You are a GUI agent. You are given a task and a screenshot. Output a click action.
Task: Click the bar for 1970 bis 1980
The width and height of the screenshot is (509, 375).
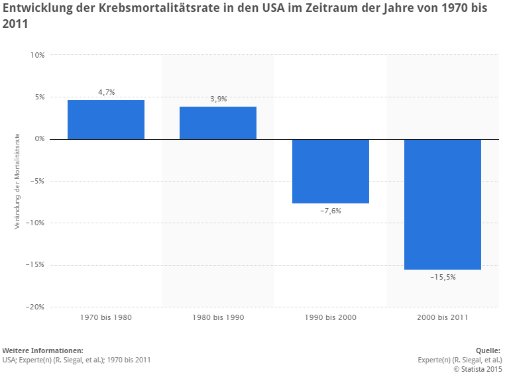coord(106,120)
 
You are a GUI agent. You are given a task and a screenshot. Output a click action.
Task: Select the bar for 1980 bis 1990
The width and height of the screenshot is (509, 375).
coord(218,123)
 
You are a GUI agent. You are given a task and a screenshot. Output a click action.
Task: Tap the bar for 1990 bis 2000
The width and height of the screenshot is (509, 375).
coord(330,171)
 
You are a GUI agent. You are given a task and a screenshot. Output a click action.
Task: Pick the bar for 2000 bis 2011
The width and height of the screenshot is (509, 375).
coord(443,204)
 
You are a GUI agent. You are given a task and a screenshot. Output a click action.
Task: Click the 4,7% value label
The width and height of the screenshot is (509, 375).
coord(106,92)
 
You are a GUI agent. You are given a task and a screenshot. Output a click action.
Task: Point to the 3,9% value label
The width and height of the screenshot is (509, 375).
coord(218,99)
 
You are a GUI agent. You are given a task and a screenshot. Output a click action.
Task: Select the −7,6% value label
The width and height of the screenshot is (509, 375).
coord(330,211)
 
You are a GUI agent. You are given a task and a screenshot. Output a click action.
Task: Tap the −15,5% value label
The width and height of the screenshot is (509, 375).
coord(443,277)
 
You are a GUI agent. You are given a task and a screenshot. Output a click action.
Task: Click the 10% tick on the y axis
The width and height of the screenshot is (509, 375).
coord(37,55)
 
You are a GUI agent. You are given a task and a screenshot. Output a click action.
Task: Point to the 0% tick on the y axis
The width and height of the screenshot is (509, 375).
coord(39,139)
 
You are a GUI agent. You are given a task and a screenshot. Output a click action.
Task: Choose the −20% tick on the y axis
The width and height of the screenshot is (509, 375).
coord(35,307)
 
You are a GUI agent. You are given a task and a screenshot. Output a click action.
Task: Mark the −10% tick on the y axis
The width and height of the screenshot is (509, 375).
coord(35,223)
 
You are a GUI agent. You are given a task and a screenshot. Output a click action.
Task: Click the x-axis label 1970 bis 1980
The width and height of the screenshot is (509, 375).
coord(106,317)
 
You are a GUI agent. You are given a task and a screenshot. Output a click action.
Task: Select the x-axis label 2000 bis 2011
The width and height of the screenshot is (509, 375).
coord(443,317)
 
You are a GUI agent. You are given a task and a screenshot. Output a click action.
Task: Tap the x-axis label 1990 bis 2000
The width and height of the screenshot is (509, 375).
coord(330,317)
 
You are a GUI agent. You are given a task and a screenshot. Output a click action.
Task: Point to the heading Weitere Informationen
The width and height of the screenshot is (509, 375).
coord(43,350)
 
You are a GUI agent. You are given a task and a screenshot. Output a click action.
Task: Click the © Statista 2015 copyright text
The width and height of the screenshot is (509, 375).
coord(477,369)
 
